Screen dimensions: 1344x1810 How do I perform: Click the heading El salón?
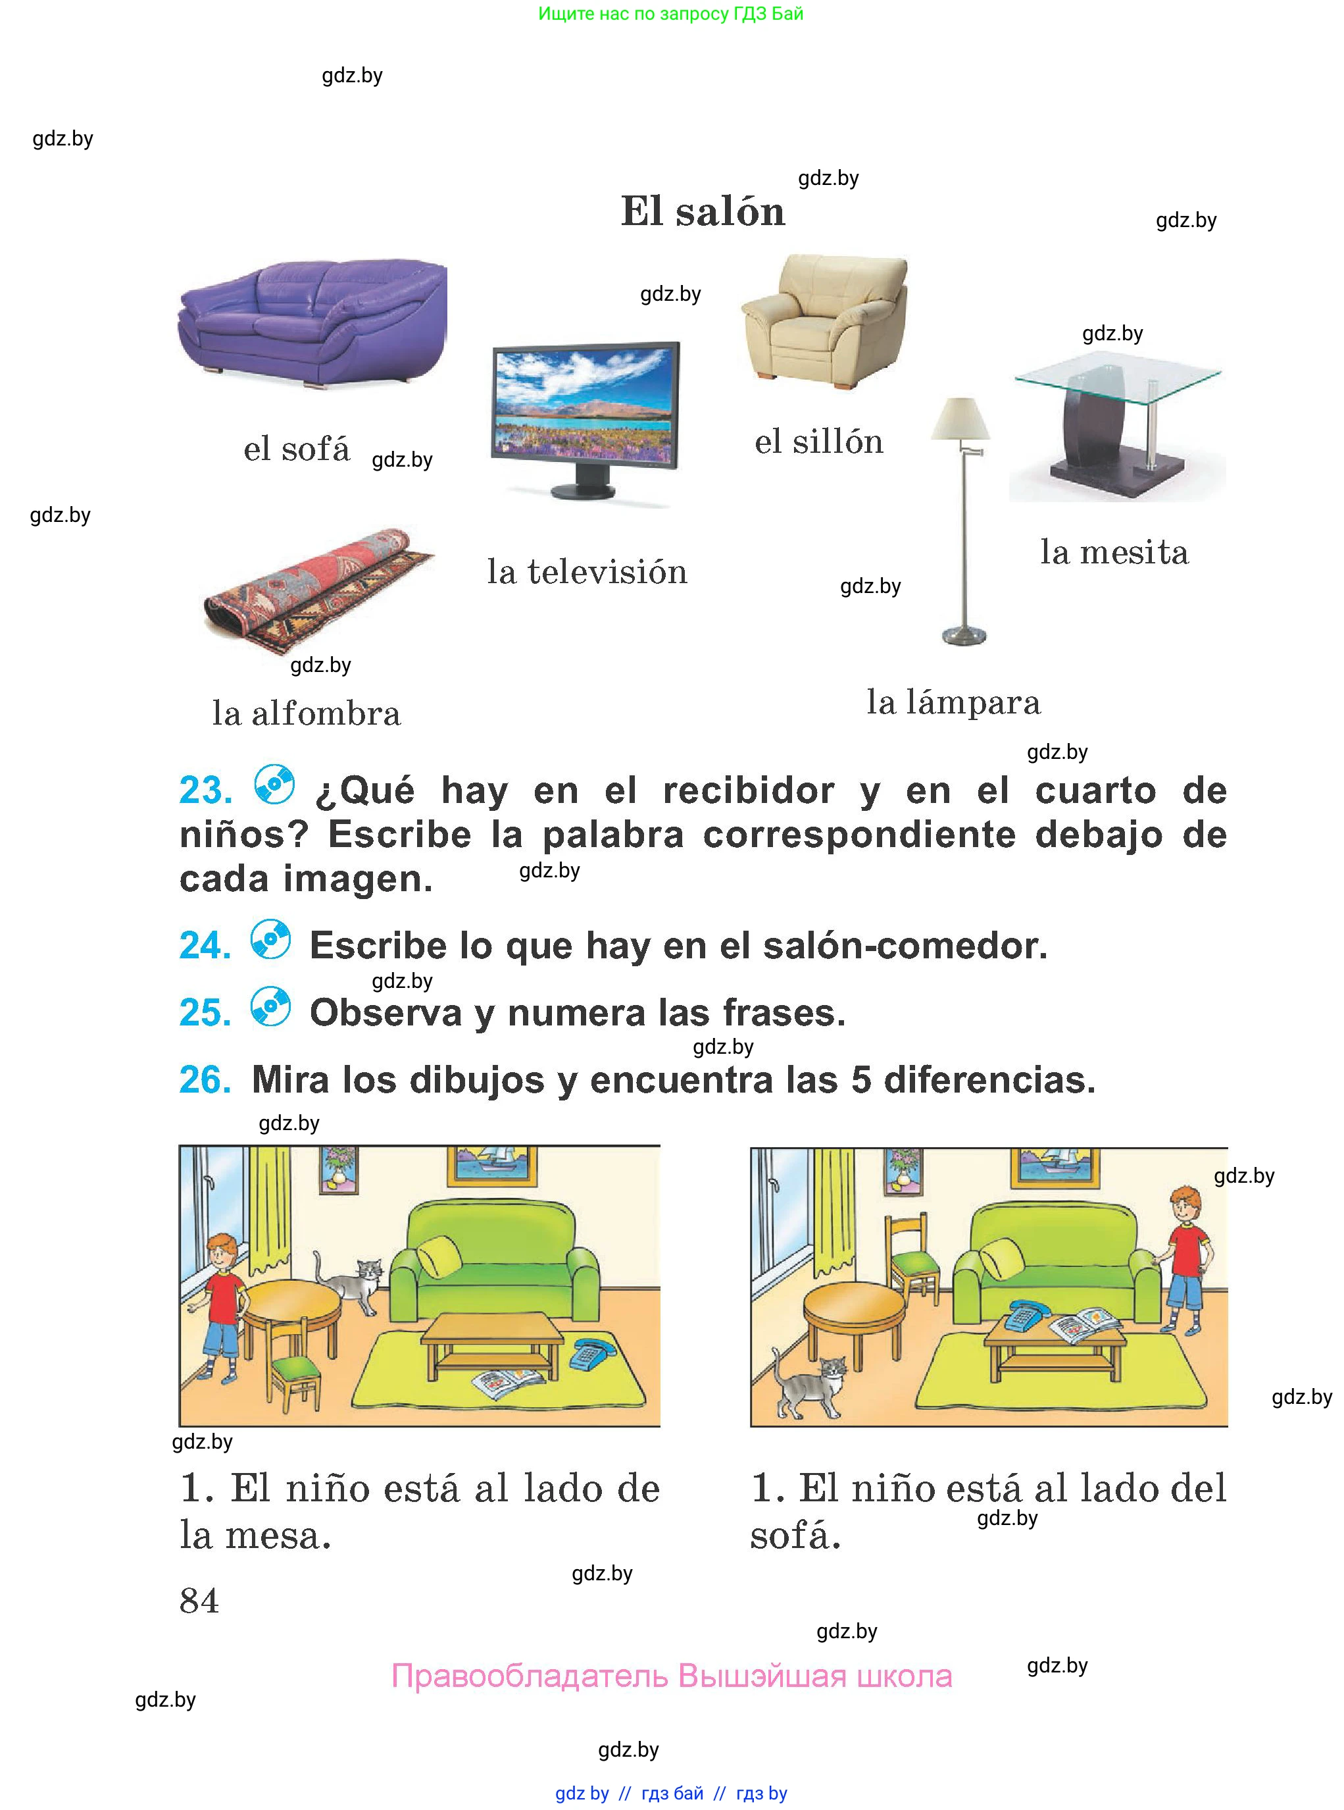coord(703,211)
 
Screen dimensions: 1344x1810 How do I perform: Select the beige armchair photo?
coord(824,321)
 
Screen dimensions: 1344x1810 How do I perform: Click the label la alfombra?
coord(307,713)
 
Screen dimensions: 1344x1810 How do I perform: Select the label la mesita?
coord(1114,553)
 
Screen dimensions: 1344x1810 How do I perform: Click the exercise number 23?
coord(205,790)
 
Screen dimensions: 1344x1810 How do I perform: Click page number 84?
coord(199,1601)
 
